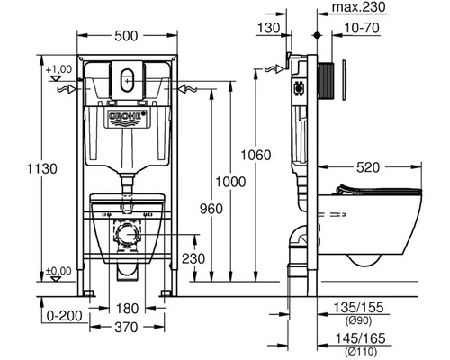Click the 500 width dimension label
tap(126, 36)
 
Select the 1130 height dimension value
tap(42, 169)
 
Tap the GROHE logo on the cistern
tap(128, 118)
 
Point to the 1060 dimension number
tap(256, 155)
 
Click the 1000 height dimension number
tap(230, 182)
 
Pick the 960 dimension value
tap(211, 209)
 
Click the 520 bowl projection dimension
tap(368, 167)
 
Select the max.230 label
tap(359, 7)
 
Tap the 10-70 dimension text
tap(362, 28)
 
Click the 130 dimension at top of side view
tap(268, 28)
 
